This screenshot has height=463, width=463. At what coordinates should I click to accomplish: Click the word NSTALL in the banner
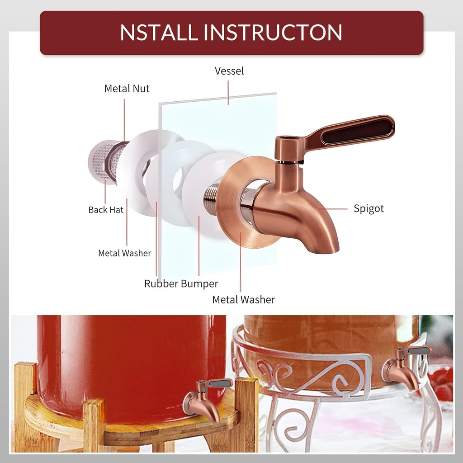tap(159, 32)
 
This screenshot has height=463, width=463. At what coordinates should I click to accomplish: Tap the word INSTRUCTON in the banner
tap(273, 32)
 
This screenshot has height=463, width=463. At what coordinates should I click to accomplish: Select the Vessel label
tap(229, 71)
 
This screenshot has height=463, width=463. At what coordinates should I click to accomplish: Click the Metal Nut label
tap(127, 89)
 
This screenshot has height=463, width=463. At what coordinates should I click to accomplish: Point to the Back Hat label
tap(106, 210)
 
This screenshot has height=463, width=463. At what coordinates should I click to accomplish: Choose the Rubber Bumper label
tap(181, 284)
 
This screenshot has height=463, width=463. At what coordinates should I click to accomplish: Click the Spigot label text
tap(369, 209)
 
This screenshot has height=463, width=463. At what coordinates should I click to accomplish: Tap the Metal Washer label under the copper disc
tap(244, 300)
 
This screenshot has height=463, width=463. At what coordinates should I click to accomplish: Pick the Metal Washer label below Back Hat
tap(125, 253)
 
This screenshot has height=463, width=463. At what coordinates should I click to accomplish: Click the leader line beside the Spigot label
tap(333, 209)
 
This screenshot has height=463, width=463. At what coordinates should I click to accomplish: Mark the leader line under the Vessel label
tap(228, 93)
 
